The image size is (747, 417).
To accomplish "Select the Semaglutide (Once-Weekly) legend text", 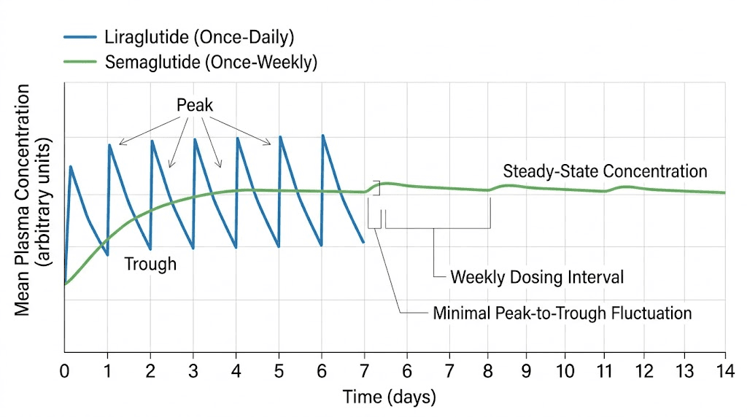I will (211, 62).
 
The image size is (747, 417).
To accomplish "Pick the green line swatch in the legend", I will (80, 62).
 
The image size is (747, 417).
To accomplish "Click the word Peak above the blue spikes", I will (195, 106).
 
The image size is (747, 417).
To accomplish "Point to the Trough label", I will (150, 264).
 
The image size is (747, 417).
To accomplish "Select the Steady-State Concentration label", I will (605, 171).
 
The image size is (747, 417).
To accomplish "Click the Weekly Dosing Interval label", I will (537, 277).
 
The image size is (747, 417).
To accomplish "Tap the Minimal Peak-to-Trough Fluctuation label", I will (562, 313).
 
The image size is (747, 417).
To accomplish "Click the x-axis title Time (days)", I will (389, 397).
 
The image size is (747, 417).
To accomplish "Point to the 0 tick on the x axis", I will (64, 369).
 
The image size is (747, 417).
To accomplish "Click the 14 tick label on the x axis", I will (724, 369).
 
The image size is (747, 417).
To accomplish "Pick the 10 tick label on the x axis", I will (564, 369).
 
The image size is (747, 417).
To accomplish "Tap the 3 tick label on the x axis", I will (193, 369).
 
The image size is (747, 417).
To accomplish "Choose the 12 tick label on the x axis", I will (645, 369).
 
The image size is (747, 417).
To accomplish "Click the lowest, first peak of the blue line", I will (71, 166).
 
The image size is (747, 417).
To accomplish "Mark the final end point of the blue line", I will (363, 242).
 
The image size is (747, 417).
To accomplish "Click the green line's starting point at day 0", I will (65, 284).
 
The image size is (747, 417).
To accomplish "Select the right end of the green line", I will (724, 192).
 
